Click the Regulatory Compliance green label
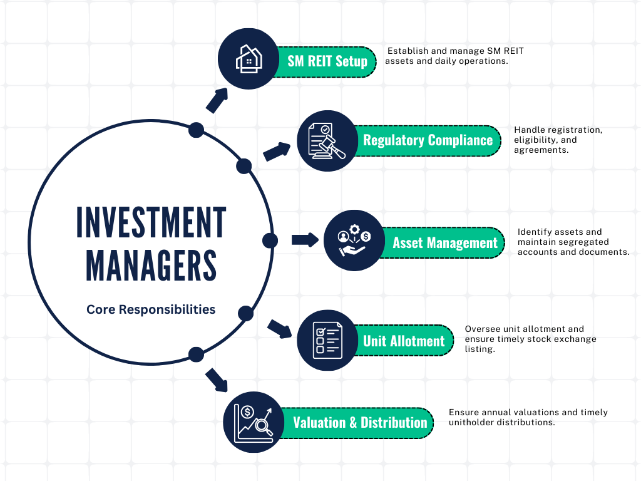click(428, 140)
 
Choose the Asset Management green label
click(445, 243)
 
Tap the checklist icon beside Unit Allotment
click(327, 340)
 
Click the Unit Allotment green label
click(404, 341)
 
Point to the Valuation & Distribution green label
click(360, 422)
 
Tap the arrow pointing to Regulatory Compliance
click(277, 152)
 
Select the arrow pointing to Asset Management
click(305, 239)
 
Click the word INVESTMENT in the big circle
click(151, 222)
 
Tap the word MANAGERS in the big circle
click(151, 266)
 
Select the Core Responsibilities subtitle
click(151, 309)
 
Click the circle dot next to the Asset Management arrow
click(270, 240)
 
